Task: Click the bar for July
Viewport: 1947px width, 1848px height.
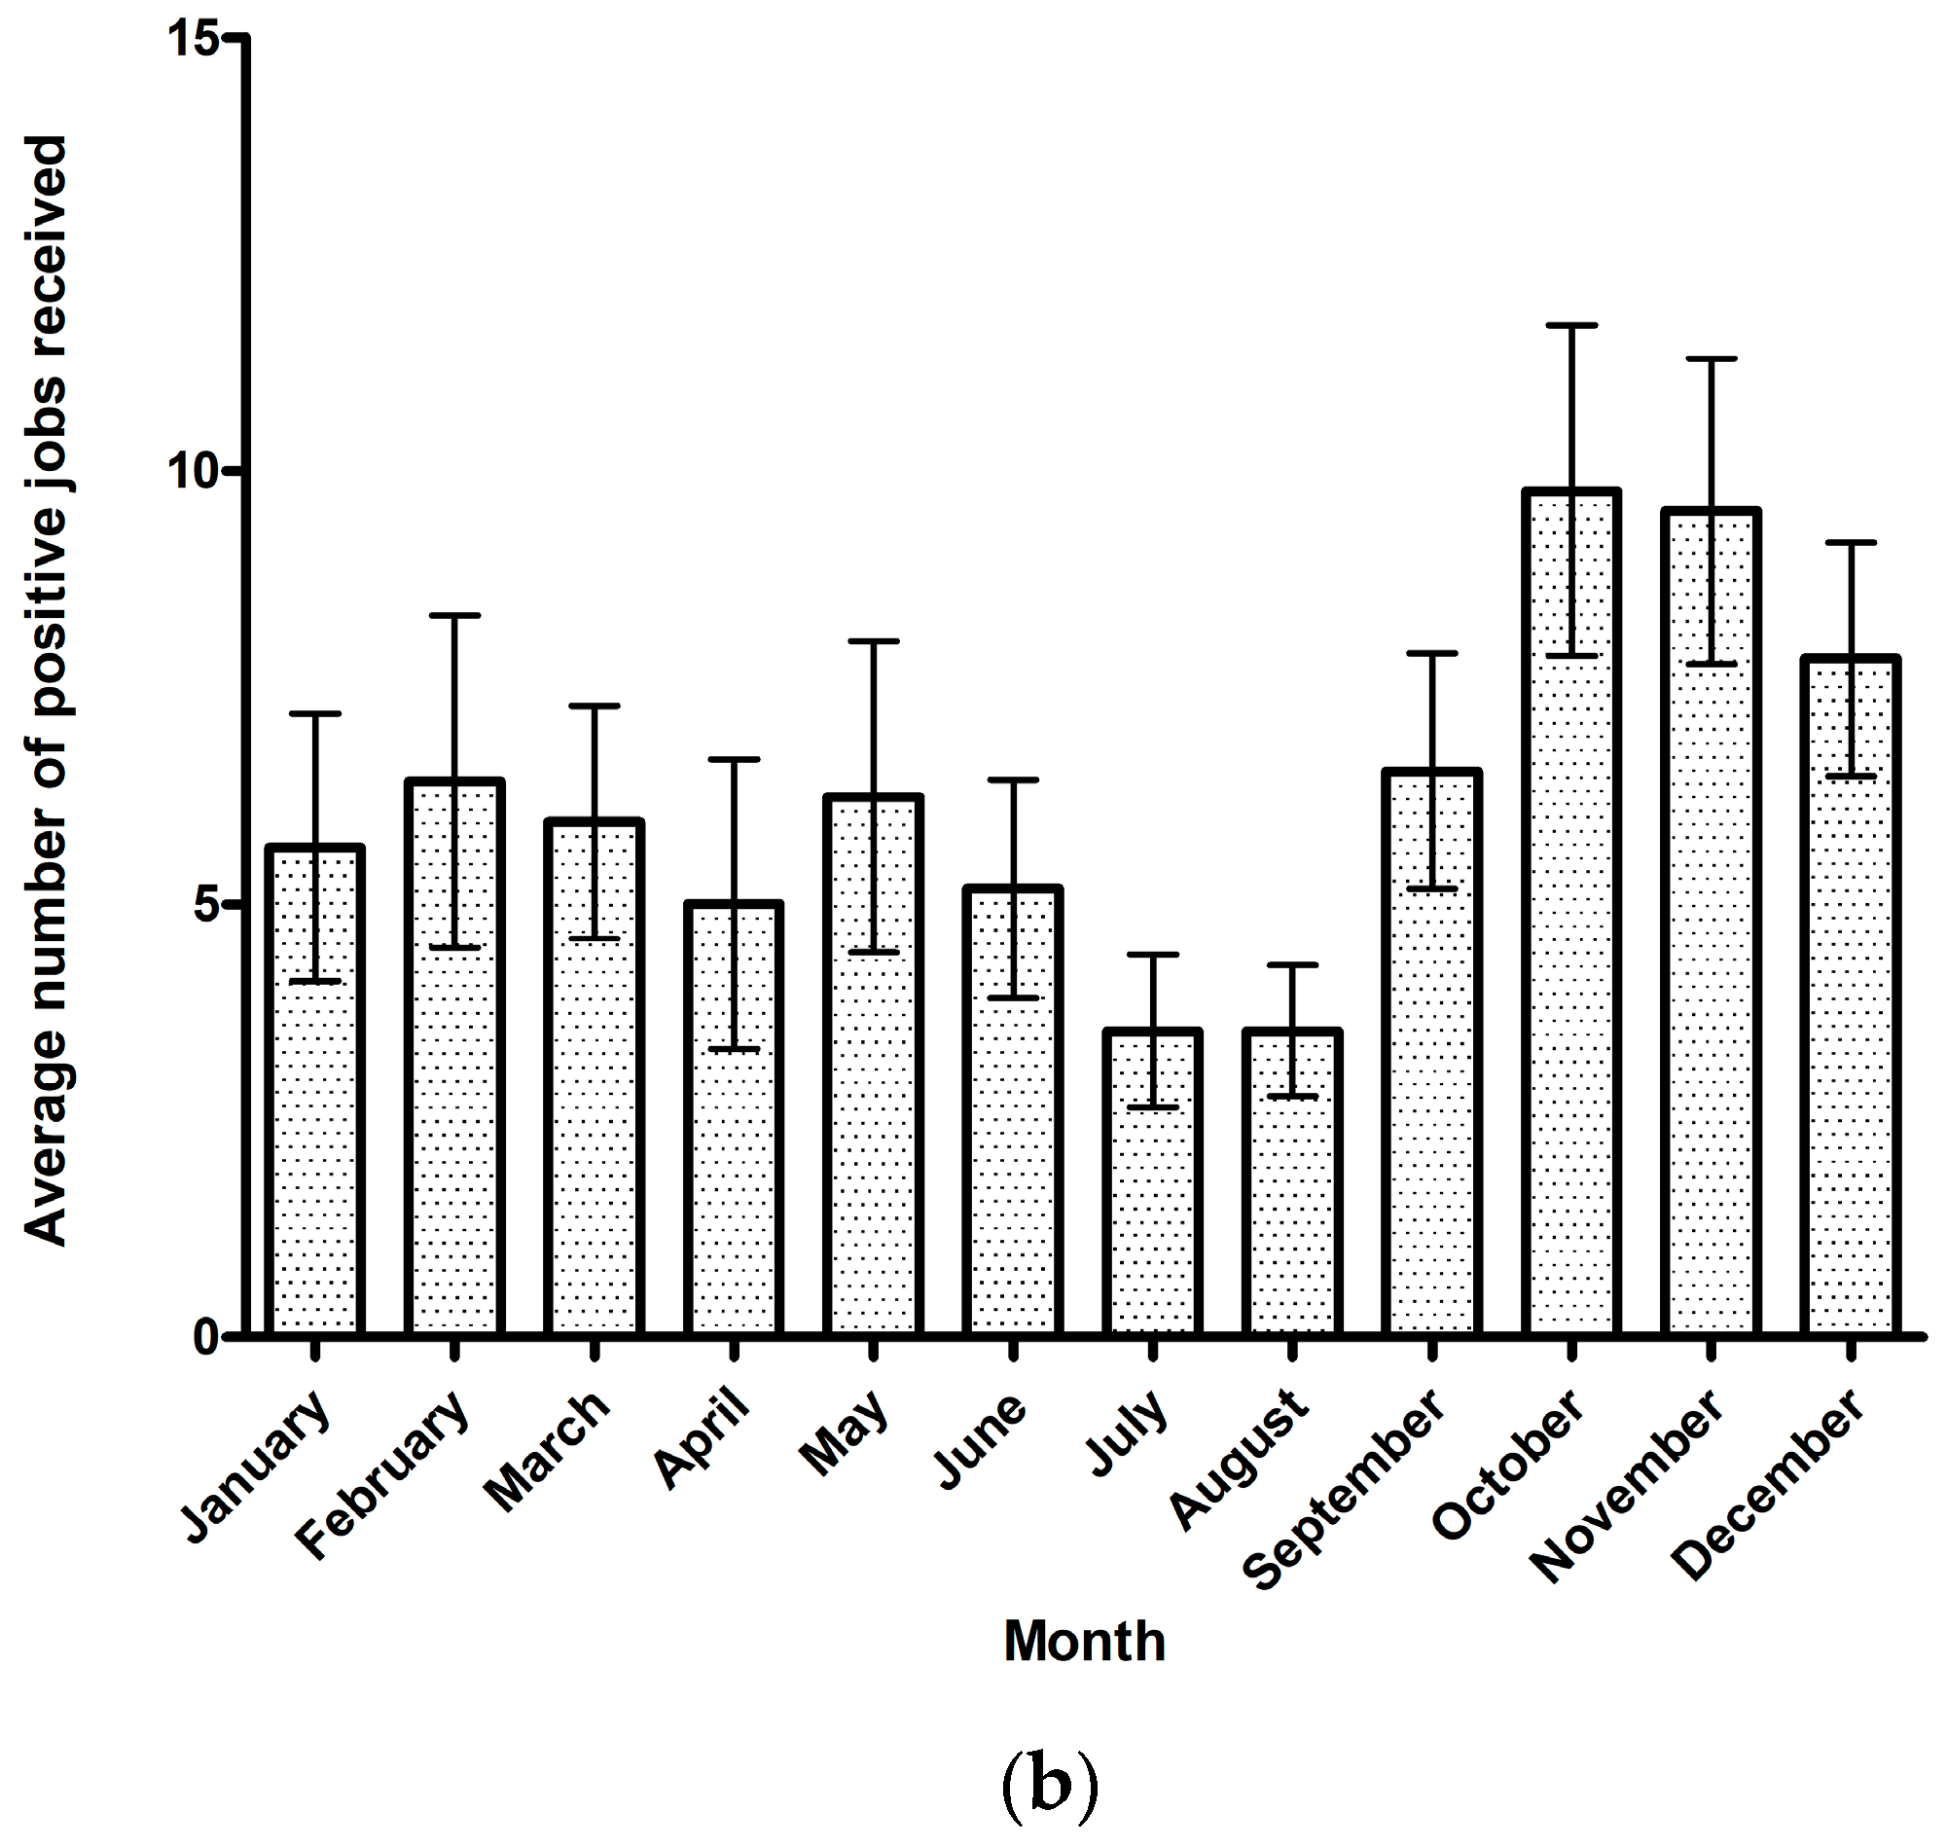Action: pos(1151,1182)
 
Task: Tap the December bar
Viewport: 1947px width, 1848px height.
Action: pos(1850,995)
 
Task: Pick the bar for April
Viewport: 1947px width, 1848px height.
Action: pos(734,1118)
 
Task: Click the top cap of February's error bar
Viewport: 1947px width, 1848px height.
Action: pos(454,615)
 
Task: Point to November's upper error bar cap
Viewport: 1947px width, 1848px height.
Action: pos(1711,359)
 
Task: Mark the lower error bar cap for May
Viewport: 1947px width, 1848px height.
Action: pos(874,952)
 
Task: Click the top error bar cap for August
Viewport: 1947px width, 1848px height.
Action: pos(1291,964)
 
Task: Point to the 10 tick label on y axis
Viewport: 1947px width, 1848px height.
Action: pos(190,472)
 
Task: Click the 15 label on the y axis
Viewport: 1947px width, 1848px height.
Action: pos(190,39)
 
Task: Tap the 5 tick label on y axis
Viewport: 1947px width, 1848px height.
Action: pos(204,904)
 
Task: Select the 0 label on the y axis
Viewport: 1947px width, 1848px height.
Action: pos(204,1337)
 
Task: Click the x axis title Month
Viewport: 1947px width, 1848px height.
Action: pos(1083,1641)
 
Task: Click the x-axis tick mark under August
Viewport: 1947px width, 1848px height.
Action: pos(1291,1350)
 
